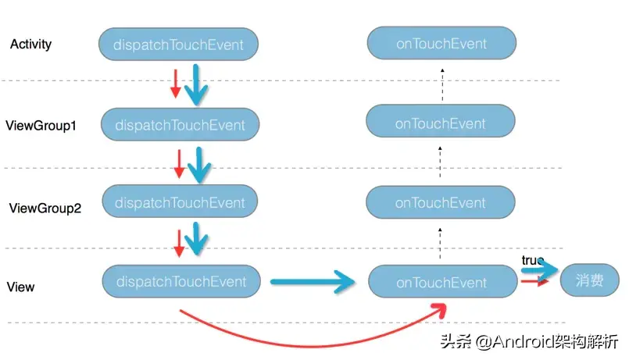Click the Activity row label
click(31, 45)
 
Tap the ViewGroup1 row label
click(41, 125)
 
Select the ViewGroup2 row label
click(45, 209)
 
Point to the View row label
click(20, 287)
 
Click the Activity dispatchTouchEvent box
click(178, 45)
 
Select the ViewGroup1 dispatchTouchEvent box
click(180, 125)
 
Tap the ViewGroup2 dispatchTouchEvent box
click(180, 202)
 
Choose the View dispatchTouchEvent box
click(180, 281)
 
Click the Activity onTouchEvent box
click(441, 45)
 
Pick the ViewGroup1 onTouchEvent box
click(441, 123)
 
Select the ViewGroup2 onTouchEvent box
click(441, 203)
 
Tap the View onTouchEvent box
click(441, 283)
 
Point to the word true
click(533, 259)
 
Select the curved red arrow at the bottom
click(313, 338)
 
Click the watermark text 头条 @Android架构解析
click(528, 341)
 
